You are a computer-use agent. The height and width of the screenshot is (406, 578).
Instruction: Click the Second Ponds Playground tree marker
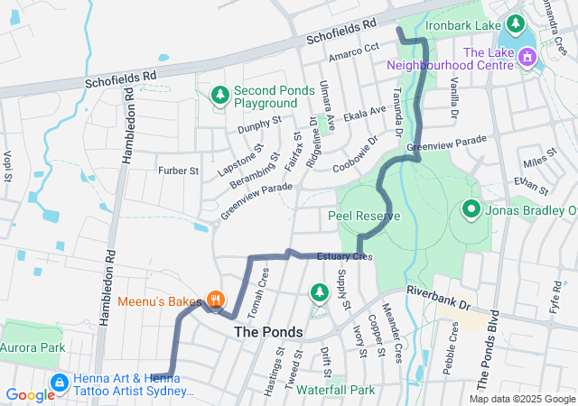click(x=219, y=95)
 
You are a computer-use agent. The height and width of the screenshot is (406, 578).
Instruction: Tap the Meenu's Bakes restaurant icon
click(x=215, y=300)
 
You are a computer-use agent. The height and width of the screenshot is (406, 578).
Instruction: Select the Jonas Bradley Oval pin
click(x=471, y=211)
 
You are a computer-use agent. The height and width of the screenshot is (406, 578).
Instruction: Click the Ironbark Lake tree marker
click(x=516, y=23)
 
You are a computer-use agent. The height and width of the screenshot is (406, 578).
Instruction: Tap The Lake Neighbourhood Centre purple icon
click(x=527, y=59)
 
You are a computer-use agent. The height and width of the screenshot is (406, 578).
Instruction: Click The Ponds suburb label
click(x=268, y=332)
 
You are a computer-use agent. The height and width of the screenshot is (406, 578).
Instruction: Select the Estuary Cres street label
click(x=344, y=257)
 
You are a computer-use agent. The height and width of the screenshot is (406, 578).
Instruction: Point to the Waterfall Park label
click(x=335, y=391)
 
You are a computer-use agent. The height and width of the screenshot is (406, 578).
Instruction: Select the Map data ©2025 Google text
click(x=522, y=400)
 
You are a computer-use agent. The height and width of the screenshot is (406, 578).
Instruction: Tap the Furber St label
click(x=178, y=170)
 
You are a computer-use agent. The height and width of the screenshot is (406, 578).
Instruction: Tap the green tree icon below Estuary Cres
click(x=319, y=291)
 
